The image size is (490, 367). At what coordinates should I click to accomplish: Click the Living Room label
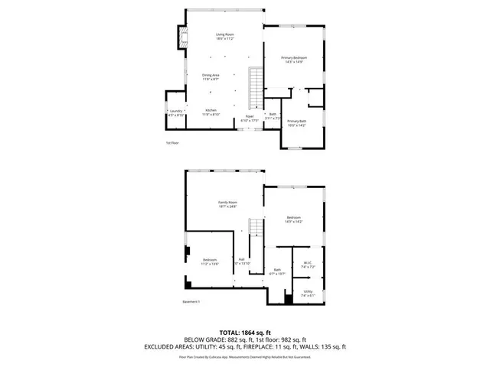click(224, 36)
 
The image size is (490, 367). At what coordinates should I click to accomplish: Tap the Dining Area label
click(211, 76)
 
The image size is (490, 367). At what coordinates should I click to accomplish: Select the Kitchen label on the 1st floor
click(211, 112)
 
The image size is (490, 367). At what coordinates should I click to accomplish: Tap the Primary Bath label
click(296, 123)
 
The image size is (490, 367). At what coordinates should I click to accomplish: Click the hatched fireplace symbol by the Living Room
click(182, 36)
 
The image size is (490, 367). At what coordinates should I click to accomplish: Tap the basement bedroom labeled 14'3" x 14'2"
click(294, 219)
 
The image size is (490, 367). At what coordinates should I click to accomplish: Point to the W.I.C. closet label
click(308, 265)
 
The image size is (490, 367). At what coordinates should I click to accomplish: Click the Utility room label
click(308, 292)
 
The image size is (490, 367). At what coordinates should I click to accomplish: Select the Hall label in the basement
click(242, 261)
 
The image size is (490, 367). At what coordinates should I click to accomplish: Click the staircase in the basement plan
click(256, 229)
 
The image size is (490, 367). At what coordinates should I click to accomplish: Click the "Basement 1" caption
click(191, 302)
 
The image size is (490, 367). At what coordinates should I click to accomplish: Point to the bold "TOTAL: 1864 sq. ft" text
click(244, 333)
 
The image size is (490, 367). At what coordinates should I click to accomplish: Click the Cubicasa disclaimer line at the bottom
click(244, 356)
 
